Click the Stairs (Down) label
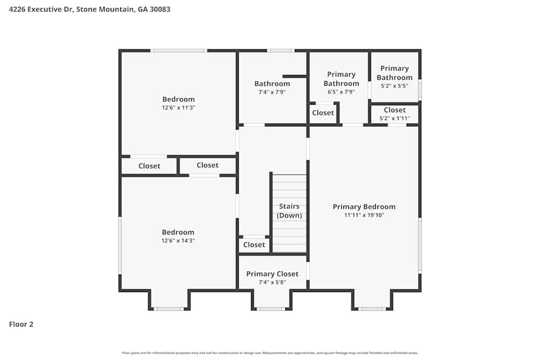tap(289, 210)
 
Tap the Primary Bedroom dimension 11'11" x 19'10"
tap(364, 215)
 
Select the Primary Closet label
tap(272, 274)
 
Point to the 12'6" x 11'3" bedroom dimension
tap(178, 107)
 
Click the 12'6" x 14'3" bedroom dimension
tap(178, 241)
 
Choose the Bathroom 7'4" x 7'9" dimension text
tap(272, 92)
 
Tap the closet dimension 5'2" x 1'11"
tap(395, 118)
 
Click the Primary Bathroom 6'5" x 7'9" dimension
tap(341, 92)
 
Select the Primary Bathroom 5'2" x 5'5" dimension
tap(395, 86)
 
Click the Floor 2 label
tap(21, 324)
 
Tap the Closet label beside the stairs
tap(254, 244)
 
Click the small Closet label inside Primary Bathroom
tap(323, 113)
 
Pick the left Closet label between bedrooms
tap(149, 166)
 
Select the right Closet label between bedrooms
tap(207, 165)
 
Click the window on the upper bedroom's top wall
tap(179, 51)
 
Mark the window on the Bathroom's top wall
tap(280, 51)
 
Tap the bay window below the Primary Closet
tap(270, 309)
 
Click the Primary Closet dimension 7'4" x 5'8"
tap(272, 282)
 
